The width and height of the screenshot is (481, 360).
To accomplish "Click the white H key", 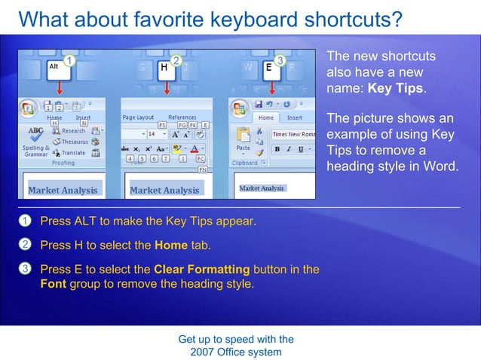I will [x=164, y=69].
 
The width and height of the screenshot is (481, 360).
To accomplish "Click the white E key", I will [x=268, y=69].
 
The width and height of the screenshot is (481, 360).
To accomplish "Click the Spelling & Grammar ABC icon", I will [x=35, y=133].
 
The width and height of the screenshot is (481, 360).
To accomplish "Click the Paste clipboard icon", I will [x=243, y=136].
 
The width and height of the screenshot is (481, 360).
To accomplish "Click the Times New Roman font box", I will [x=293, y=134].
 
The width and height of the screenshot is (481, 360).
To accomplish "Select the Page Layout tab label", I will [x=138, y=117].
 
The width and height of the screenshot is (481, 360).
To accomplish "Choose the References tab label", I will [x=182, y=117].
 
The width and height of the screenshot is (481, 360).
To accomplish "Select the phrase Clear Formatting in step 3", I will [x=201, y=269].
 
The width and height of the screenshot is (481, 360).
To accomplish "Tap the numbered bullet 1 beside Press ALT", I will [x=25, y=221].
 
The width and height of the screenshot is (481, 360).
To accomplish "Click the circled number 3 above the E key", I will [x=280, y=59].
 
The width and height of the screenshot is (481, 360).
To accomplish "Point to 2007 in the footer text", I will [x=204, y=352].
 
